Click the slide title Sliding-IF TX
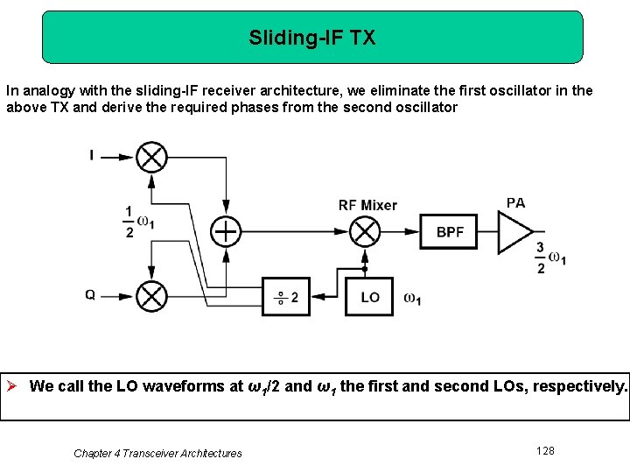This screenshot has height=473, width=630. [312, 38]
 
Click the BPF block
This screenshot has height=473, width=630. [450, 232]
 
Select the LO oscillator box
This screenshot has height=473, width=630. [369, 297]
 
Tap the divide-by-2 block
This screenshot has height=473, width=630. [286, 297]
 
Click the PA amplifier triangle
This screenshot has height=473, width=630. [514, 232]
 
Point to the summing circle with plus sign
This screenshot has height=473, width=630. [226, 231]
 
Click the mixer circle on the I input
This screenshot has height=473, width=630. [152, 158]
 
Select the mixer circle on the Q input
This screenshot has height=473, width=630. [152, 296]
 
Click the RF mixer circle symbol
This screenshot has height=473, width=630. [364, 232]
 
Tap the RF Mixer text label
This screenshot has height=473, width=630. [367, 205]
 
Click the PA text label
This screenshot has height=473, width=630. [516, 202]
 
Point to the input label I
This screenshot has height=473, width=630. [91, 156]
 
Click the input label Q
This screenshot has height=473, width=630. [90, 295]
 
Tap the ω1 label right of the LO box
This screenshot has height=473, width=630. [412, 298]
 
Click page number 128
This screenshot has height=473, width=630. [545, 450]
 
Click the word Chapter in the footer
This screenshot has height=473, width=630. [93, 453]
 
